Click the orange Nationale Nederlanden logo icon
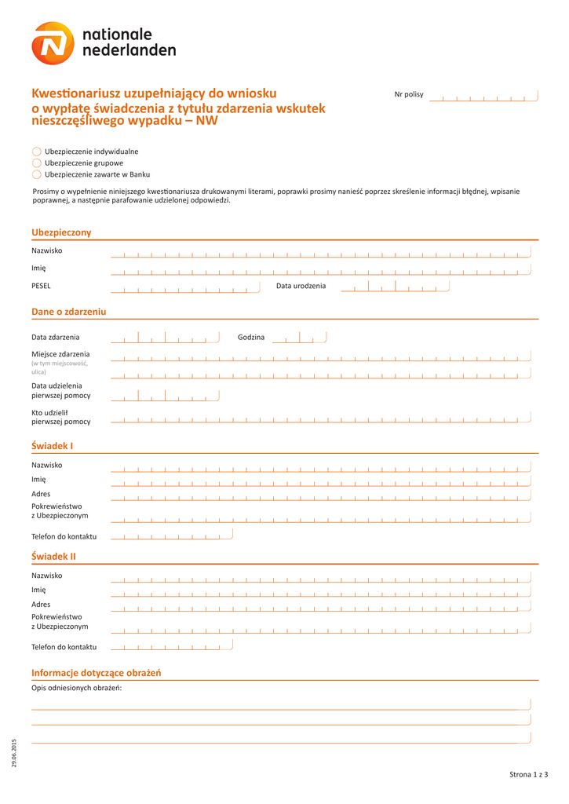tap(53, 43)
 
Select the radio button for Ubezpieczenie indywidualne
tap(37, 151)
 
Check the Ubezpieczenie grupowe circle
tap(37, 163)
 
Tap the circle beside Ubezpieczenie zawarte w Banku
tap(37, 174)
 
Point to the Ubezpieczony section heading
tap(61, 232)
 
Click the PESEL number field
tap(184, 287)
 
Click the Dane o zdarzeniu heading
tap(68, 312)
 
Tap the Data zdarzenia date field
tap(165, 338)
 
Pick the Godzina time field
tap(299, 338)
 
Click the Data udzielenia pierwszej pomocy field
tap(165, 397)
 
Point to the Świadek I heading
tap(52, 446)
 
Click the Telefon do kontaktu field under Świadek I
tap(172, 536)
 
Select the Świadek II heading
tap(53, 557)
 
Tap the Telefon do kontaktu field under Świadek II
tap(172, 647)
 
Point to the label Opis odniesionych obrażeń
tap(77, 689)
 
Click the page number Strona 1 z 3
tap(528, 775)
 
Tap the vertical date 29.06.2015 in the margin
tap(13, 754)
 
